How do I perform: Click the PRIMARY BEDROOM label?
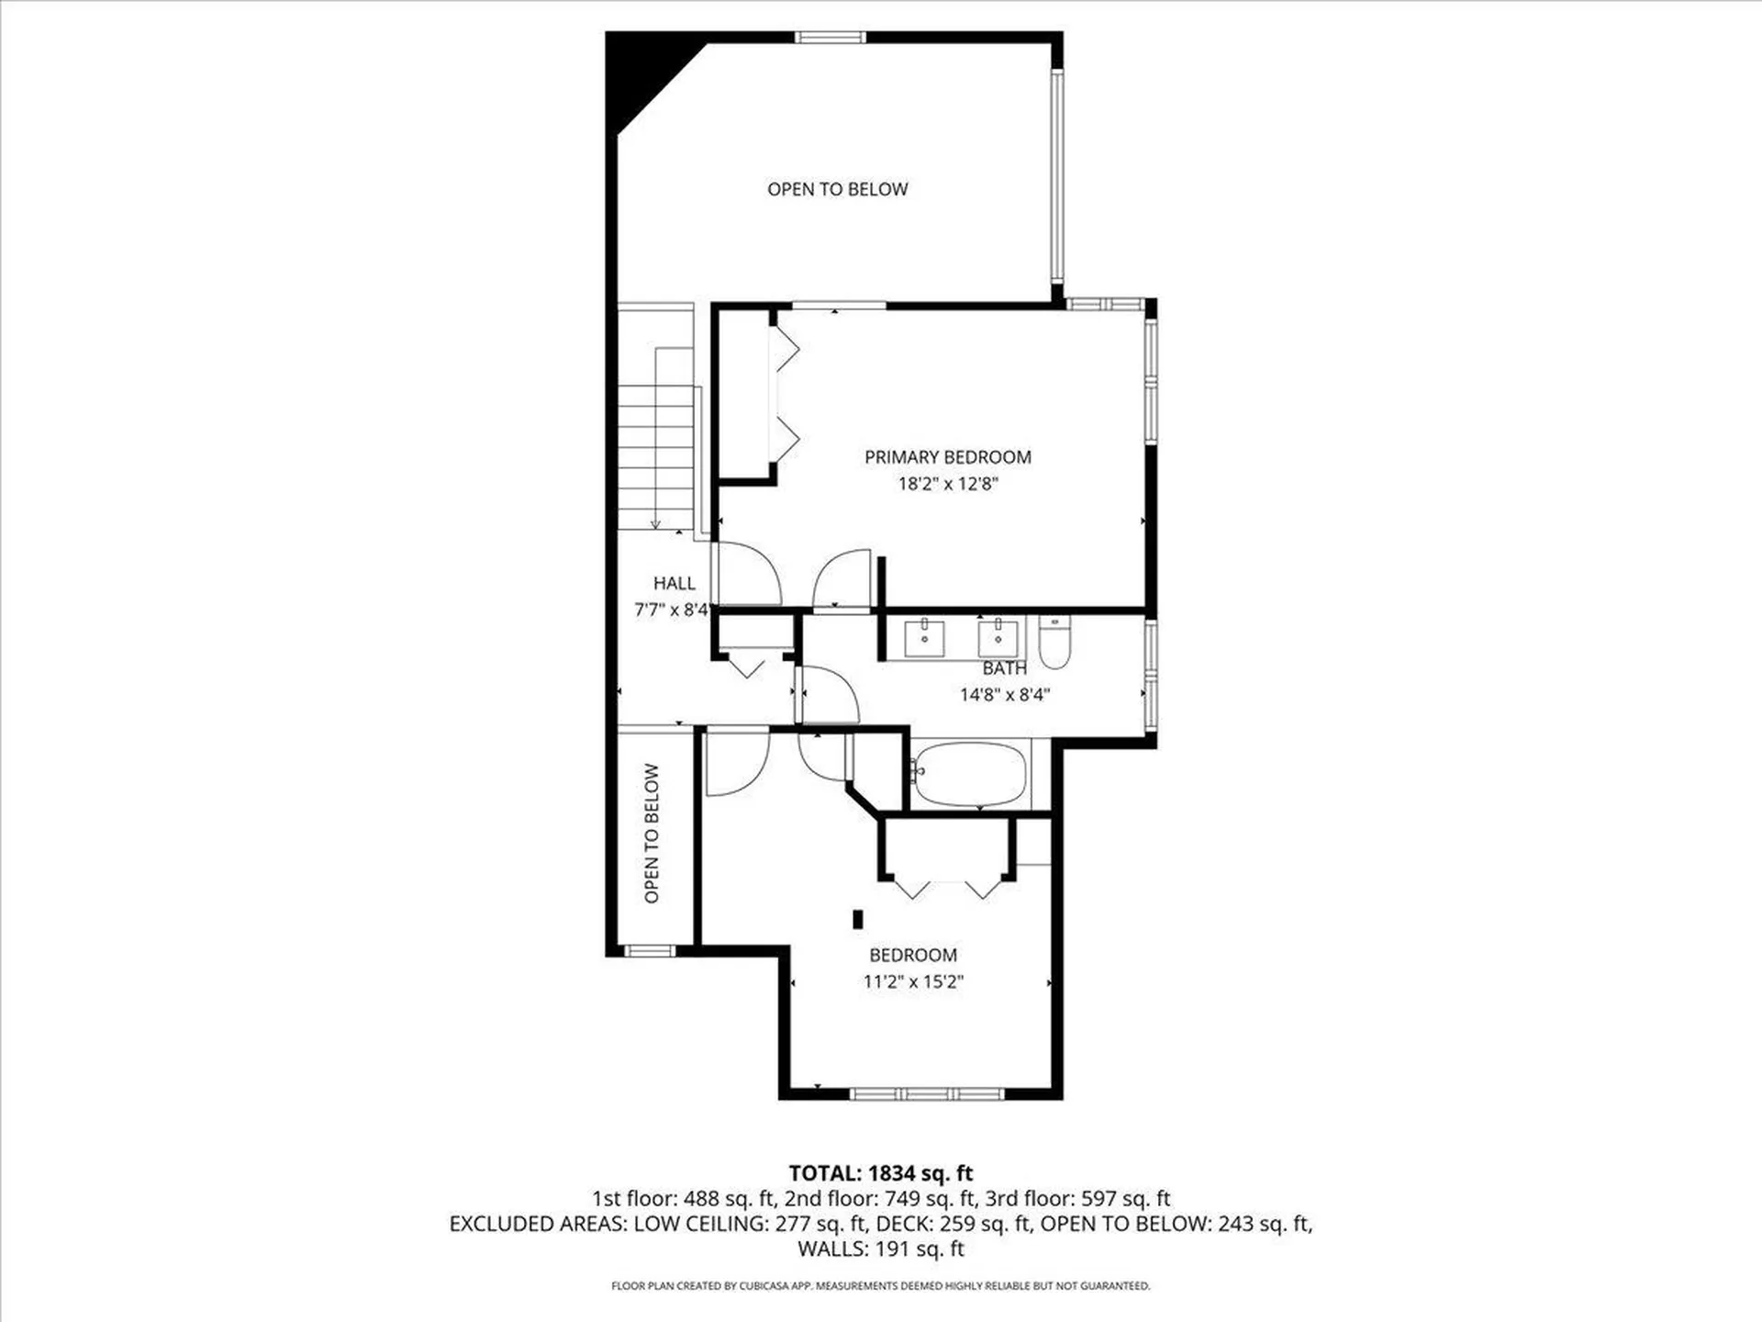pos(948,457)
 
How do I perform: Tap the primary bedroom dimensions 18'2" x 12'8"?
pos(948,484)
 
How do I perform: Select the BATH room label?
pos(1005,668)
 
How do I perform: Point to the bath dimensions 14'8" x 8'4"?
pos(1005,695)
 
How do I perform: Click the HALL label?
pos(675,583)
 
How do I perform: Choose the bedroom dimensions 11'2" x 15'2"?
pos(913,981)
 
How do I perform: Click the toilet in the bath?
pos(1054,641)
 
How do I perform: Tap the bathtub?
pos(970,775)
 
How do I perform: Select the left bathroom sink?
pos(924,638)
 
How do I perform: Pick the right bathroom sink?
pos(998,638)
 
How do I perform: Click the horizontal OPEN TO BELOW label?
pos(838,189)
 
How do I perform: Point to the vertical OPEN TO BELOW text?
pos(652,834)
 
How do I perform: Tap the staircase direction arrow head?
pos(655,524)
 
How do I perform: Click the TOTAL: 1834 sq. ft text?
pos(881,1173)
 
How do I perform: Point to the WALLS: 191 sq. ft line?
pos(881,1249)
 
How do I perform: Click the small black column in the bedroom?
pos(858,919)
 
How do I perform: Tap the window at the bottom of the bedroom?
pos(927,1093)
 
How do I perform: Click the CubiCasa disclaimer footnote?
pos(881,1286)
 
